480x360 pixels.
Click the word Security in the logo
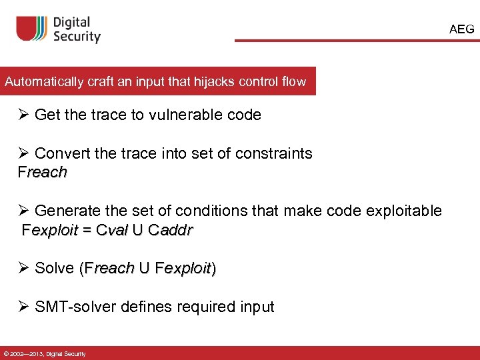77,37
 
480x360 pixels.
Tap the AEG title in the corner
462,29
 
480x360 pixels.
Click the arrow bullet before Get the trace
25,115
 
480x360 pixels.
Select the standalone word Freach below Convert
43,172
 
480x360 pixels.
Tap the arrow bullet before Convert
25,153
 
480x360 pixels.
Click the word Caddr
171,231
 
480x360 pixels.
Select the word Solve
54,268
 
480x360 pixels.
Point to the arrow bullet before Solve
25,268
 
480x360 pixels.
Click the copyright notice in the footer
43,353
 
